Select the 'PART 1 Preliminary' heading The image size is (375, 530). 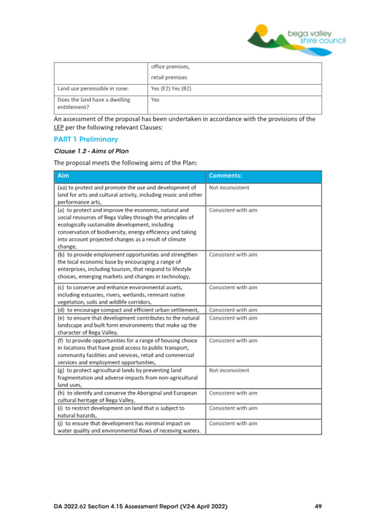click(x=86, y=139)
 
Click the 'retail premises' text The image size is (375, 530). click(x=169, y=77)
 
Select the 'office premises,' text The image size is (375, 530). click(x=170, y=67)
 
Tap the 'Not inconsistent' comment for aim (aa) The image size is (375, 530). click(x=229, y=188)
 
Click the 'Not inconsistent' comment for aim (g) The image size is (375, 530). click(x=229, y=370)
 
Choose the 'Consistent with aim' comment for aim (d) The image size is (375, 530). click(x=233, y=310)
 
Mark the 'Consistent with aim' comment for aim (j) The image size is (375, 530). click(x=233, y=424)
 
